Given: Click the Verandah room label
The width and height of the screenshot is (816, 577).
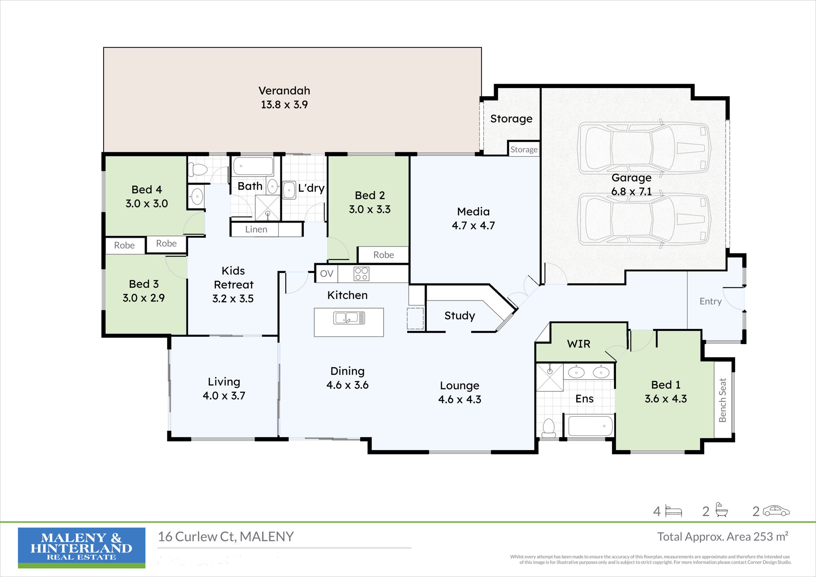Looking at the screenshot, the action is tap(284, 91).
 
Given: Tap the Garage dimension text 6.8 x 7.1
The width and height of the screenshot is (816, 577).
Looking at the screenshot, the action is tap(631, 191).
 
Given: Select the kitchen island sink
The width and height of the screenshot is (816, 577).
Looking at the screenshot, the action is tap(349, 318).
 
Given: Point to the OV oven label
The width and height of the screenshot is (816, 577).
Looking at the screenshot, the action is tap(326, 273).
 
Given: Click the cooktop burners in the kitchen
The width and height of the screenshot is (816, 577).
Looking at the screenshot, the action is tap(361, 274).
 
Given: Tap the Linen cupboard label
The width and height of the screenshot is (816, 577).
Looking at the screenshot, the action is tap(256, 229).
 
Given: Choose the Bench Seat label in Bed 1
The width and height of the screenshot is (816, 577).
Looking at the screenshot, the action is tap(723, 400).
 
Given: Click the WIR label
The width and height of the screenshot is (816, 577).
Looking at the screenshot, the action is tap(579, 344).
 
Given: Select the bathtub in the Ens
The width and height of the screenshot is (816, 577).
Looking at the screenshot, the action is tap(590, 426).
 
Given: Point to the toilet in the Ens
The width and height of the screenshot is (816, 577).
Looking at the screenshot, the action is tap(549, 428).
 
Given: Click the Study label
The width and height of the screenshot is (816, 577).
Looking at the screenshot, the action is tap(459, 316).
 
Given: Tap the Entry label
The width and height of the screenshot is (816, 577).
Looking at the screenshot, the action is tap(710, 302).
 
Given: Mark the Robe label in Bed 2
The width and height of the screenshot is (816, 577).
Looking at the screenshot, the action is tap(384, 255).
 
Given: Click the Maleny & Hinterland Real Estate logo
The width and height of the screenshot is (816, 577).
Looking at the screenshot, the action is tap(82, 548).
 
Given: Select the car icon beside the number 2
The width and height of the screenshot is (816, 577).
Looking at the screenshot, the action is tap(776, 511).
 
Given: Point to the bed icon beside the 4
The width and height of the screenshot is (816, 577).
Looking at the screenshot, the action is tap(674, 511).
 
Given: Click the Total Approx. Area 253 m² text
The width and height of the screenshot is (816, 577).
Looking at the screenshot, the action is tap(723, 537).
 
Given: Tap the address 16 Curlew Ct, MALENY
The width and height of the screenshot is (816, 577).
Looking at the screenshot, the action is tap(226, 537).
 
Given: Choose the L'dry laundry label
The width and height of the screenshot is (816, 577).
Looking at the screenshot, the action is tap(311, 188).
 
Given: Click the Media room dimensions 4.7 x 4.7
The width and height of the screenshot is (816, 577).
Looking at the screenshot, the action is tap(473, 226).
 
